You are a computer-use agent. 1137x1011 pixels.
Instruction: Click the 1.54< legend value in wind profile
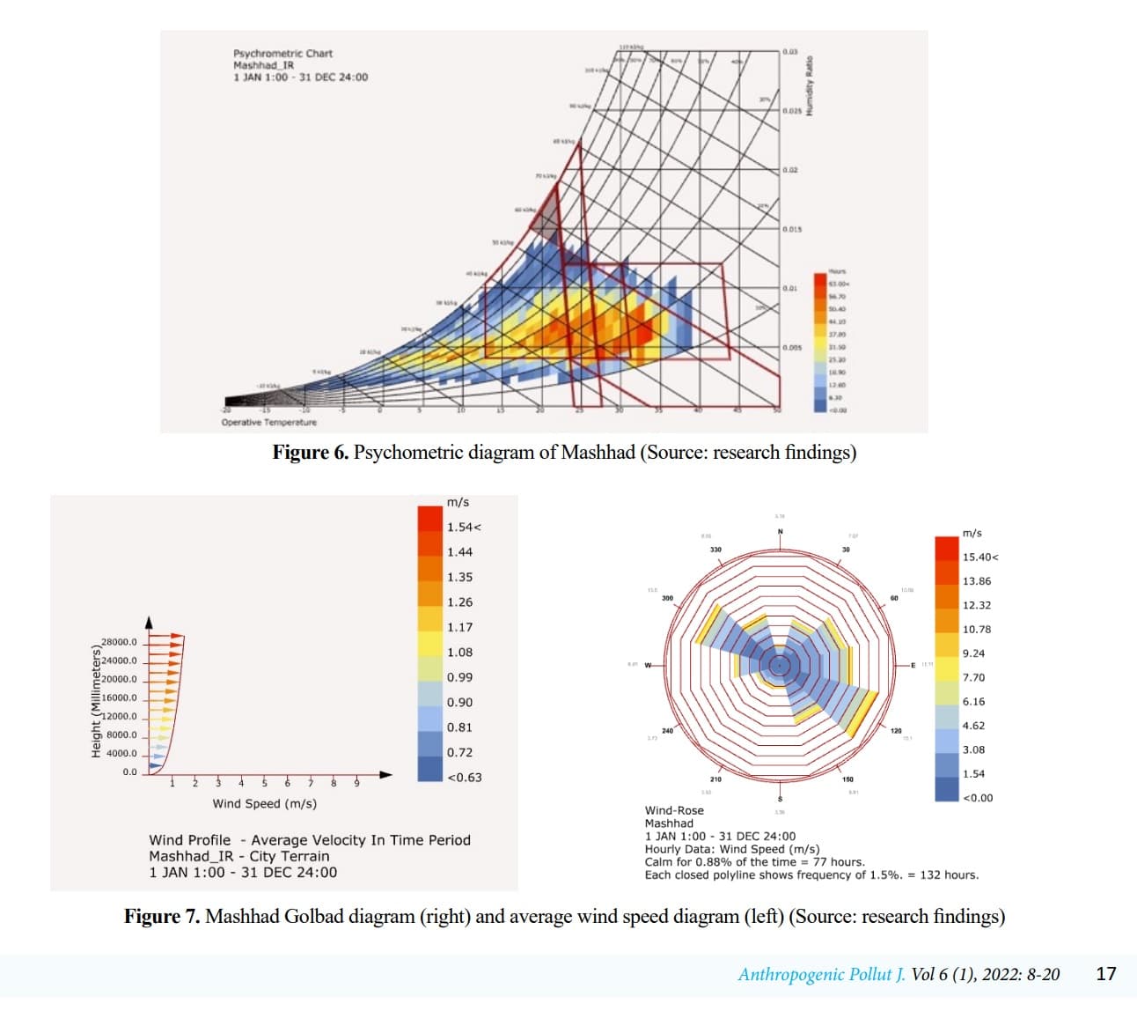click(x=463, y=527)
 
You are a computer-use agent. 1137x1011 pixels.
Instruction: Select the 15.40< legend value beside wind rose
click(x=979, y=557)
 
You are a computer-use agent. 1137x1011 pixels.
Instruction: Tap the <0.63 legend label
click(x=464, y=778)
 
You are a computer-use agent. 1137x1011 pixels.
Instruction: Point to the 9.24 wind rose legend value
click(x=973, y=653)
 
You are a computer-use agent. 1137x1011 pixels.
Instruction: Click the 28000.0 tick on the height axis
click(x=119, y=642)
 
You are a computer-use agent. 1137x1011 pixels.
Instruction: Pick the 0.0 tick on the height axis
click(x=129, y=772)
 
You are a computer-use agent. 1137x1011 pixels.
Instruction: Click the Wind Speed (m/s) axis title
click(x=264, y=804)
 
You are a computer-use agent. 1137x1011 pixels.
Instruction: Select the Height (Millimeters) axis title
click(x=97, y=701)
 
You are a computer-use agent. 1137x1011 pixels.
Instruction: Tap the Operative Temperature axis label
click(x=268, y=423)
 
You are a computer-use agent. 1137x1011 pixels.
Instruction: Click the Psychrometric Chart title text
click(x=282, y=54)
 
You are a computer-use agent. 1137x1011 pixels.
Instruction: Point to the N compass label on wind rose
click(x=780, y=531)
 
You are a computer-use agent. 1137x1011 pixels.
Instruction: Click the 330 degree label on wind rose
click(x=715, y=550)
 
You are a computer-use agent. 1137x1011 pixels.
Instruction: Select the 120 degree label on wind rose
click(x=896, y=731)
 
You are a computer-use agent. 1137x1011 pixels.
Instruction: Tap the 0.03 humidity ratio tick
click(x=790, y=52)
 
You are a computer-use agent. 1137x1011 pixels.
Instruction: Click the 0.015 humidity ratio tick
click(x=792, y=229)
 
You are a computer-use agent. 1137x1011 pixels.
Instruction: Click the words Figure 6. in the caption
click(x=310, y=453)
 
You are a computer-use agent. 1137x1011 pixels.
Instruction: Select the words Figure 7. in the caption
click(x=162, y=917)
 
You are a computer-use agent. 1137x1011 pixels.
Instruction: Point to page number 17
click(x=1106, y=974)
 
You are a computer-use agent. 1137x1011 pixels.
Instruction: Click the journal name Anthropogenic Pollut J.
click(x=821, y=974)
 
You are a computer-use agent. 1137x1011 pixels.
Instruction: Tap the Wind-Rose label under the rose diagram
click(x=674, y=810)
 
